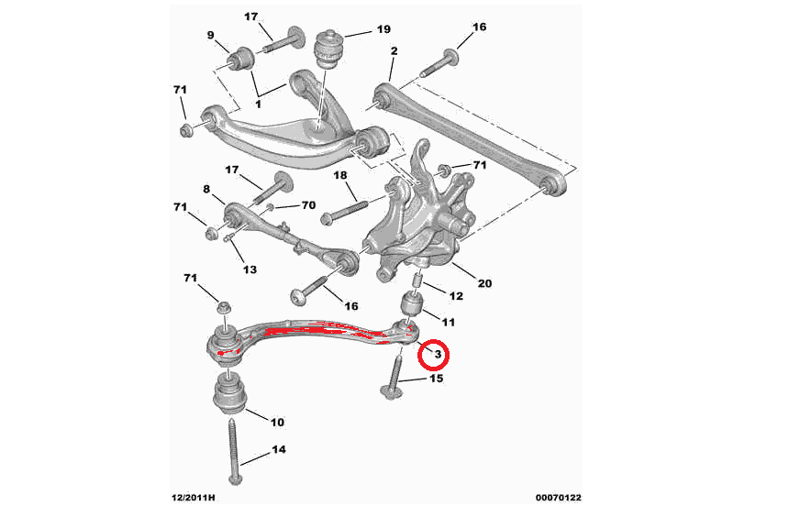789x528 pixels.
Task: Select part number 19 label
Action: (x=383, y=29)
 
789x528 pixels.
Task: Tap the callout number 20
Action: (x=483, y=283)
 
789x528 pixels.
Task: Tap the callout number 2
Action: (x=393, y=51)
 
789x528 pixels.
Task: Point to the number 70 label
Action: (x=307, y=205)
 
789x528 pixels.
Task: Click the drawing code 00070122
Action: (x=558, y=499)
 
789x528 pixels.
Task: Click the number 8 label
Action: (x=207, y=191)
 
